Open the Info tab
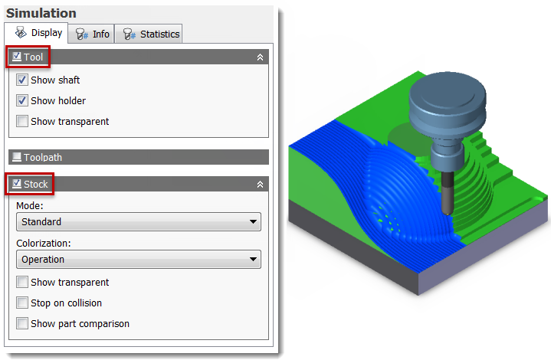click(x=91, y=34)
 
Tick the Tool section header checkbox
click(x=17, y=57)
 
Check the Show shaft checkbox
click(x=21, y=80)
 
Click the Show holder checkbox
click(x=21, y=101)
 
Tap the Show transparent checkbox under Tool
click(x=21, y=121)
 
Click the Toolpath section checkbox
click(x=17, y=157)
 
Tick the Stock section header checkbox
click(x=17, y=184)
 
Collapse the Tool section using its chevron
click(x=260, y=57)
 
